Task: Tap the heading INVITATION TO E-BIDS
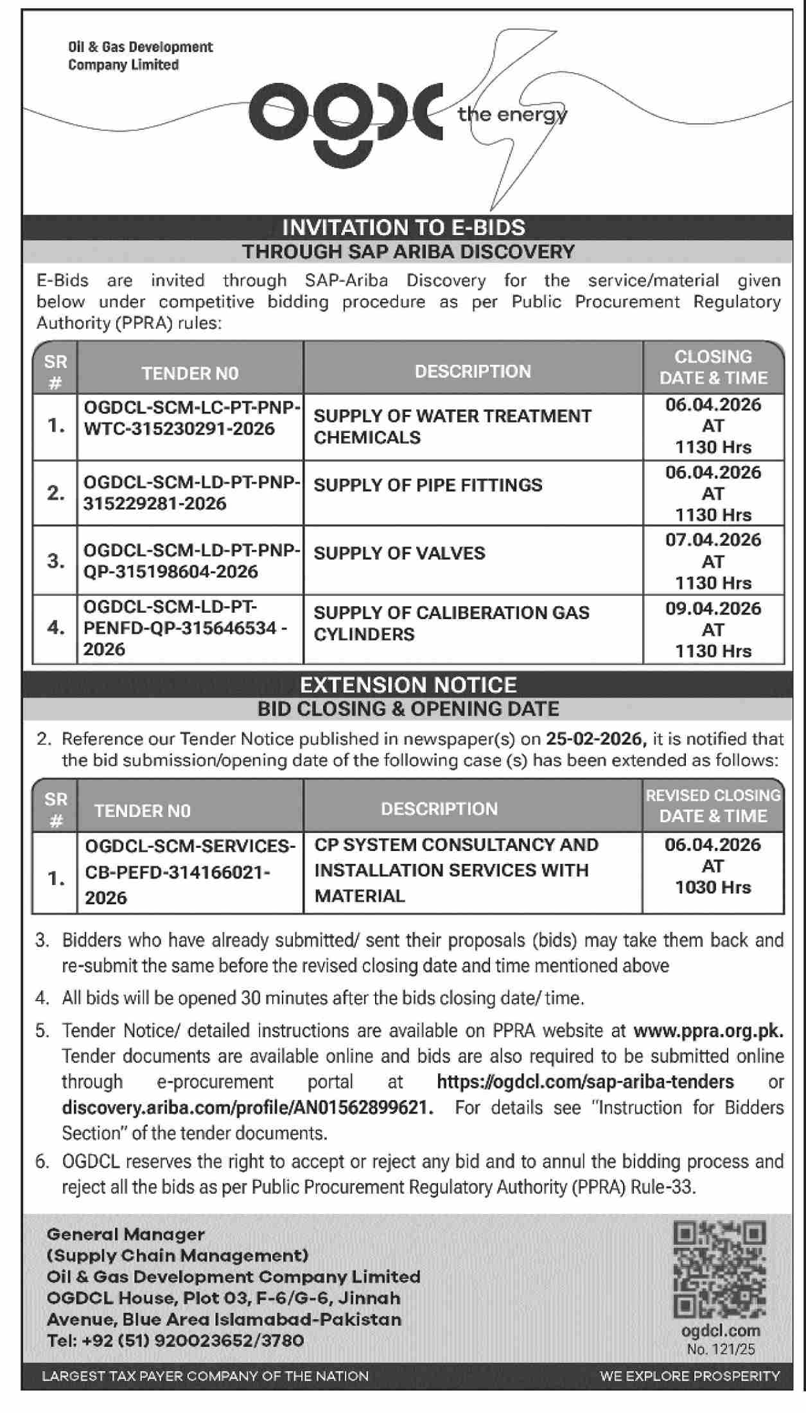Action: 404,227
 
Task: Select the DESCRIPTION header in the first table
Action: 473,371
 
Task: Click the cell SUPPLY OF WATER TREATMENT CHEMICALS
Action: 452,426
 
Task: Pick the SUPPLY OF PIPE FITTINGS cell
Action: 428,485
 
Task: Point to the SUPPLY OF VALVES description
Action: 399,553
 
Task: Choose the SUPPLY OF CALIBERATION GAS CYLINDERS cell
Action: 451,623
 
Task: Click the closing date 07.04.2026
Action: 713,540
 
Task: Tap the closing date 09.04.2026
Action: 713,608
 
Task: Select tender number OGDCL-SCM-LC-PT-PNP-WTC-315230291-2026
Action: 191,418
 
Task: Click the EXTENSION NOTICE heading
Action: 408,685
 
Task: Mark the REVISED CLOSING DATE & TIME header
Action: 713,805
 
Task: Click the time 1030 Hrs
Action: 713,888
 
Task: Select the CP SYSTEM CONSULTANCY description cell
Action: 456,870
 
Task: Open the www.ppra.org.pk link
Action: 708,1031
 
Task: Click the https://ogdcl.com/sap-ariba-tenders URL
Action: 585,1082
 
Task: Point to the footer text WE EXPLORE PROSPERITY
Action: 690,1376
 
